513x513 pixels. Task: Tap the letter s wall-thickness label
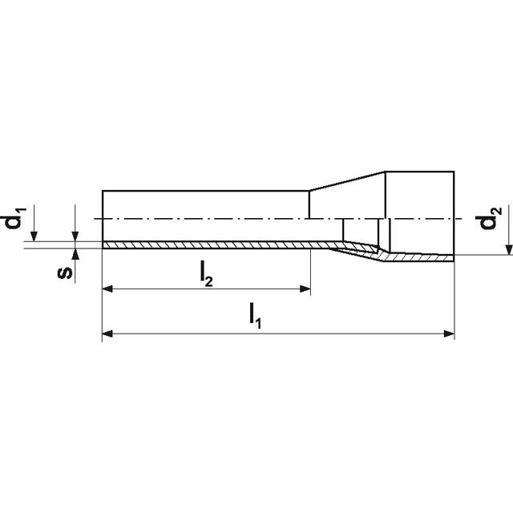[64, 273]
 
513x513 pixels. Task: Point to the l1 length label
[255, 316]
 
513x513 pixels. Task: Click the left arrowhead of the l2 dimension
[107, 289]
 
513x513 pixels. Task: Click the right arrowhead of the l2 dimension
[305, 289]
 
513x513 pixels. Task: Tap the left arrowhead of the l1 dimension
[107, 333]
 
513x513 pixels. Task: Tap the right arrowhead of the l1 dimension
[449, 333]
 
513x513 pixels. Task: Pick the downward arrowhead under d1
[34, 236]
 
